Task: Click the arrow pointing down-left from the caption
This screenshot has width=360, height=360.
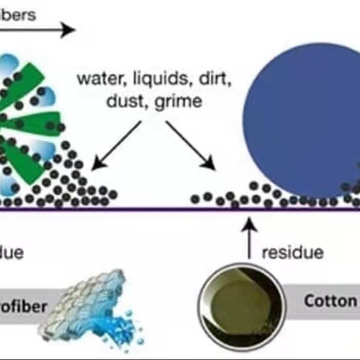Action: [116, 145]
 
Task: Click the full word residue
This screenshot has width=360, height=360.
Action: [293, 253]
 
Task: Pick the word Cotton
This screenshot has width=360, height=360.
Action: [329, 301]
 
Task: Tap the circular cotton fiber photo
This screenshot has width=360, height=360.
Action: [242, 306]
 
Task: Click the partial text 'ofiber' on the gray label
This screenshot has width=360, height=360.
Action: [23, 308]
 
